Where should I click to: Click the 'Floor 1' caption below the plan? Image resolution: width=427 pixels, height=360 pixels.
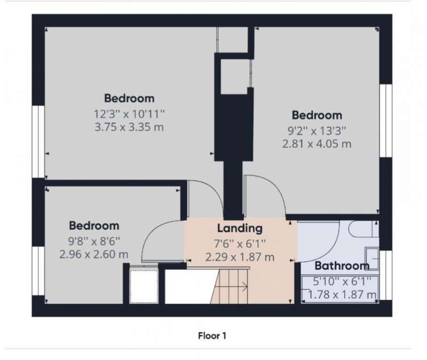(x=212, y=336)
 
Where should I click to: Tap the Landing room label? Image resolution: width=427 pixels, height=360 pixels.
(x=240, y=229)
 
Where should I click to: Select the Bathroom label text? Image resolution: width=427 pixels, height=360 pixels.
(x=342, y=265)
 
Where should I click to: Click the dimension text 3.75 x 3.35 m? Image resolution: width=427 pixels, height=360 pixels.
(x=129, y=127)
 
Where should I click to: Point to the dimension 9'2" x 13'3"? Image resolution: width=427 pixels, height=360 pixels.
(x=317, y=131)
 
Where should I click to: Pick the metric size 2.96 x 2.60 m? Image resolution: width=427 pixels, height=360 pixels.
(x=94, y=255)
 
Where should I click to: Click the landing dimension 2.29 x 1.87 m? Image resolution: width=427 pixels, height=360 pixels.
(x=240, y=257)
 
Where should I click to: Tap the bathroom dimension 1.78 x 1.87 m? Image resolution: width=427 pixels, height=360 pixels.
(x=342, y=295)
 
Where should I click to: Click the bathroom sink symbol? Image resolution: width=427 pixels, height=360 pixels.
(x=371, y=259)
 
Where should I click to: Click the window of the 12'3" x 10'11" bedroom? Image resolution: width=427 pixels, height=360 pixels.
(x=38, y=142)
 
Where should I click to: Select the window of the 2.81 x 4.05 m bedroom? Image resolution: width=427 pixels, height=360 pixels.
(x=386, y=121)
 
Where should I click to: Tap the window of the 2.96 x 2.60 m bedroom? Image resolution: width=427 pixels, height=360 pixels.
(x=38, y=271)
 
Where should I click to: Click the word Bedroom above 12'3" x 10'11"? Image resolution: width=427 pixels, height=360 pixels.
(x=129, y=98)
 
